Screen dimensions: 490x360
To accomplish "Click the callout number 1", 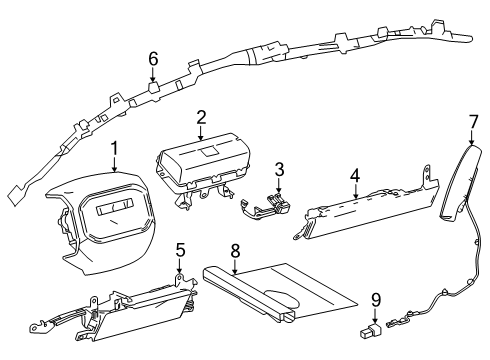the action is [115, 149].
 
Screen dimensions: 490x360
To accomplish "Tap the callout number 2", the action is [201, 117].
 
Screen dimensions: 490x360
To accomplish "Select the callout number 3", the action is [279, 169].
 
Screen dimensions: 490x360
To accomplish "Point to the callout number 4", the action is [355, 176].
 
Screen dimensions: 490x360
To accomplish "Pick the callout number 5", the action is [180, 250].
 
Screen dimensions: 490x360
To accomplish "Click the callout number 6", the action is [153, 59].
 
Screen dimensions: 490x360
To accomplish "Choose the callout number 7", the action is [473, 122].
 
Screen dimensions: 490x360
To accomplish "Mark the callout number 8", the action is [235, 251].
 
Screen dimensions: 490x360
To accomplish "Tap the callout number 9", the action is [376, 300].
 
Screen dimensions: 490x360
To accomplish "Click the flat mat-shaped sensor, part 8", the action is [280, 293].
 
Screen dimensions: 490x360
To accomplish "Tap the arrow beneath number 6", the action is [153, 75].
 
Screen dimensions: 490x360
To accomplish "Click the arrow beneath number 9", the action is [376, 316].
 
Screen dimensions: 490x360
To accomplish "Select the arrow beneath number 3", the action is [279, 185].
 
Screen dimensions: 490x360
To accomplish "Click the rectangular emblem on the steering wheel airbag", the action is [115, 208].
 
